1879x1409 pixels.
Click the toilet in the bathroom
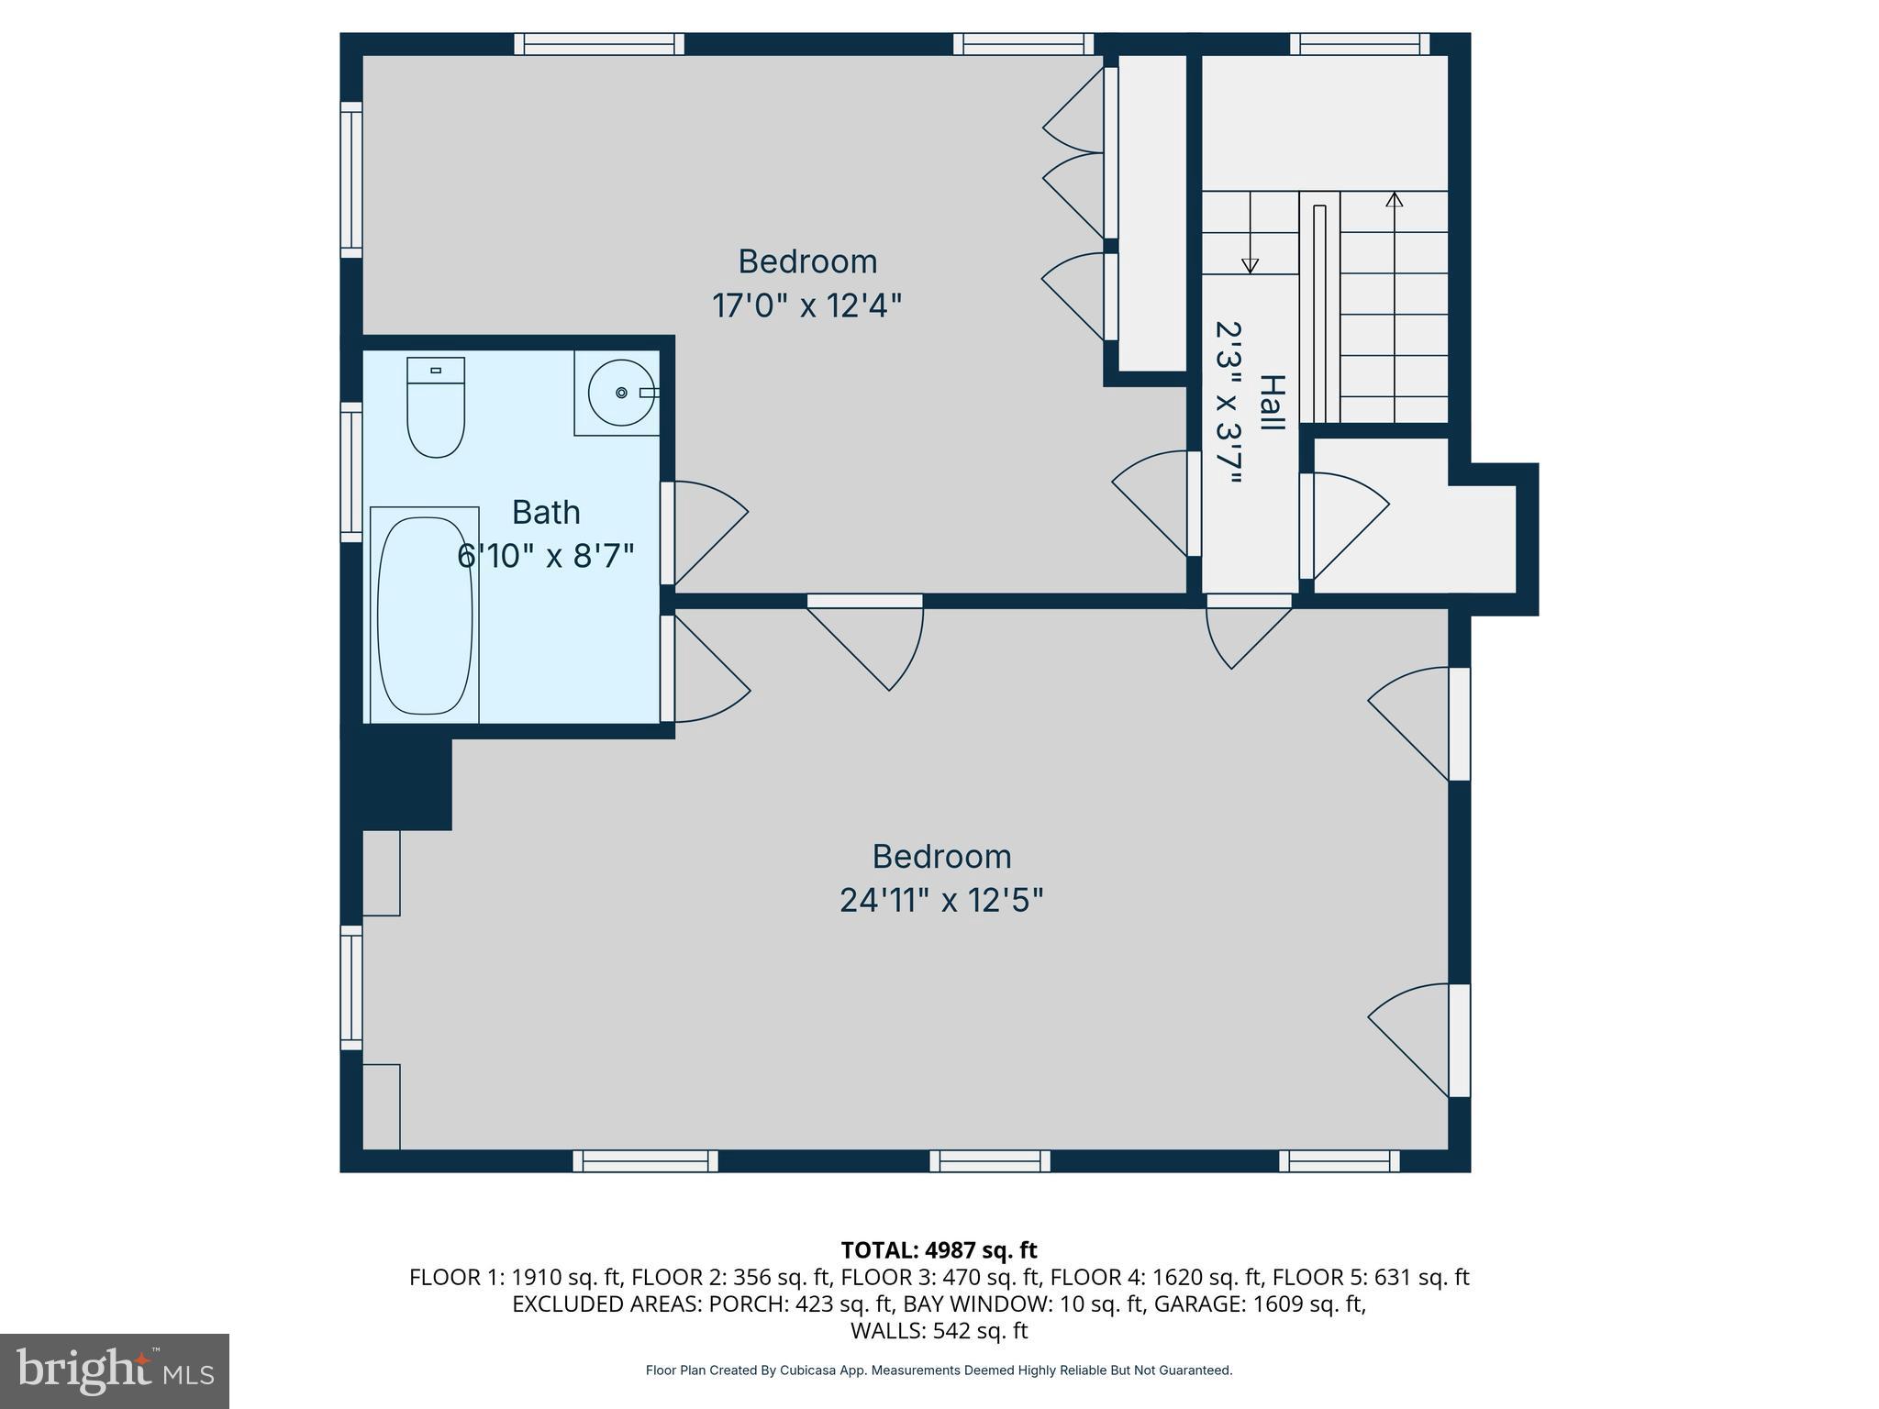(436, 407)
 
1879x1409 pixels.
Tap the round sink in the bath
(621, 393)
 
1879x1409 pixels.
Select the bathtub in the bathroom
(425, 616)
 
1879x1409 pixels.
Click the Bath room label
(546, 512)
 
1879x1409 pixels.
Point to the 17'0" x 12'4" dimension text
(806, 305)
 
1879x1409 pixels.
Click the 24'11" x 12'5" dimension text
(941, 900)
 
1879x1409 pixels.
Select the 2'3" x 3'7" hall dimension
(1229, 403)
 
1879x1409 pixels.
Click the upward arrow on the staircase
(1395, 199)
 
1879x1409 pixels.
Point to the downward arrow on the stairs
(1250, 265)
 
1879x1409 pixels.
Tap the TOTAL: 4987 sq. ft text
(939, 1250)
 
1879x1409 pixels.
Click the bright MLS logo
(115, 1371)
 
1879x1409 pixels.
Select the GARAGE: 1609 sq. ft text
(1260, 1304)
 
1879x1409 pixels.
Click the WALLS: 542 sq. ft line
(939, 1330)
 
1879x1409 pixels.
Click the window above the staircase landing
(1360, 44)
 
